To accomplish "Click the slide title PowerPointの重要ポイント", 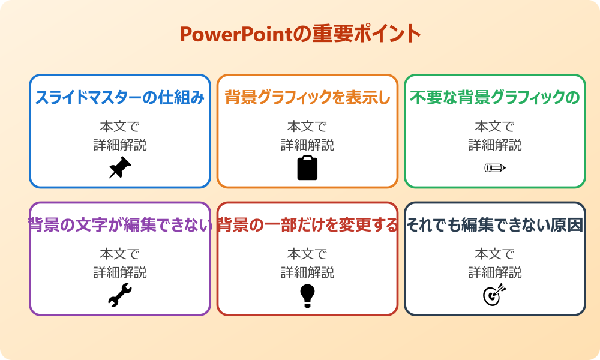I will pos(300,34).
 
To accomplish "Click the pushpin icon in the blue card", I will pos(120,167).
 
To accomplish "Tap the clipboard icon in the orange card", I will pos(307,168).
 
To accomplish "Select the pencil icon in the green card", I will pos(495,167).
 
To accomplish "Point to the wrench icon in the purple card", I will pos(120,295).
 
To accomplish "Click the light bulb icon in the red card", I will pos(307,295).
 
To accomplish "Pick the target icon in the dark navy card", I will pos(495,295).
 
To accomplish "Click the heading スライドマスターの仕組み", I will pos(120,98).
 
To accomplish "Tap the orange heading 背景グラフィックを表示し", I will pos(307,98).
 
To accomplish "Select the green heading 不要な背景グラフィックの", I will pos(495,98).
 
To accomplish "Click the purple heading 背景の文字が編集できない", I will pos(120,225).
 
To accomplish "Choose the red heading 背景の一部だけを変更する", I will pos(307,225).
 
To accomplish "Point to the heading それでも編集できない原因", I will pos(495,225).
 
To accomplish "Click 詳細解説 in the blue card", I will pos(120,145).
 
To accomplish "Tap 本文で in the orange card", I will pos(307,127).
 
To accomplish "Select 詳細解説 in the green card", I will pos(495,145).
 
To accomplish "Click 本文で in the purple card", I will pos(120,254).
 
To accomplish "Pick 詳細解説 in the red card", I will pos(307,272).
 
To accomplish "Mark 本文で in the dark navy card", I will pos(495,254).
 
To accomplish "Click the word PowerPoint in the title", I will pos(228,34).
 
